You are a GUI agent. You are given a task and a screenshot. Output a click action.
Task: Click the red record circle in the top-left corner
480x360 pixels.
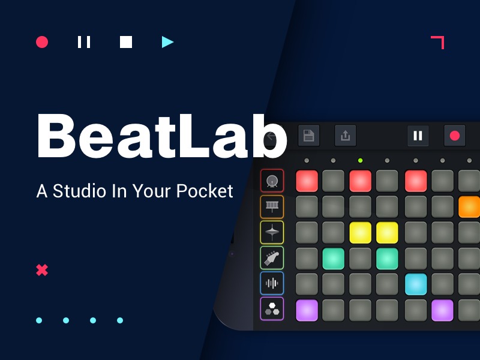[42, 42]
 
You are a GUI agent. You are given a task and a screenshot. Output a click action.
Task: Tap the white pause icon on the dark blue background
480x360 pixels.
[84, 42]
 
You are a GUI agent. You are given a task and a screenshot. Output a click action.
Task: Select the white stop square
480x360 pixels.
[126, 42]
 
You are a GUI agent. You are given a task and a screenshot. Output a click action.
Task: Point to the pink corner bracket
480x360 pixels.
[438, 42]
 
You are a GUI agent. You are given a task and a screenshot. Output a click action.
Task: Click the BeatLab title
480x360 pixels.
[161, 136]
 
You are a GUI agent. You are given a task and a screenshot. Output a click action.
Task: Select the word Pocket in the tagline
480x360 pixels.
[205, 191]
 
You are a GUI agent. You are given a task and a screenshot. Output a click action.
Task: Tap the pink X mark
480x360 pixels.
[42, 270]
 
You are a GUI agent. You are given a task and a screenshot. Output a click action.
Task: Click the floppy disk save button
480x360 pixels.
[308, 135]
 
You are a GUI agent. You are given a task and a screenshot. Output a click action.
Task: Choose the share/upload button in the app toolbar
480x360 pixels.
[345, 135]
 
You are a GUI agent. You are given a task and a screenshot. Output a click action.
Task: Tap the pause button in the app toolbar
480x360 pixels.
[418, 135]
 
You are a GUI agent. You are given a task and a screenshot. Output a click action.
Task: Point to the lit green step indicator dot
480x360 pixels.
[360, 161]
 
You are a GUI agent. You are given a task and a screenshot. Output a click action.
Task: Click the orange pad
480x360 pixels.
[469, 206]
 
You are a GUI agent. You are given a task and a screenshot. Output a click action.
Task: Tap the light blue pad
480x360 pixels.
[416, 284]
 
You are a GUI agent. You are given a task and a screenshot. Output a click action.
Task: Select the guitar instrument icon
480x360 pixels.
[272, 258]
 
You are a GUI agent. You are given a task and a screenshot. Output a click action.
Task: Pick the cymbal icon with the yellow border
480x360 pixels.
[272, 232]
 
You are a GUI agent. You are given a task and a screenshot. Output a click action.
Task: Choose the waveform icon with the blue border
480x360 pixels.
[272, 283]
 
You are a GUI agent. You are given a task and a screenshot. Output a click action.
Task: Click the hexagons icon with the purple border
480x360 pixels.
[272, 309]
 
